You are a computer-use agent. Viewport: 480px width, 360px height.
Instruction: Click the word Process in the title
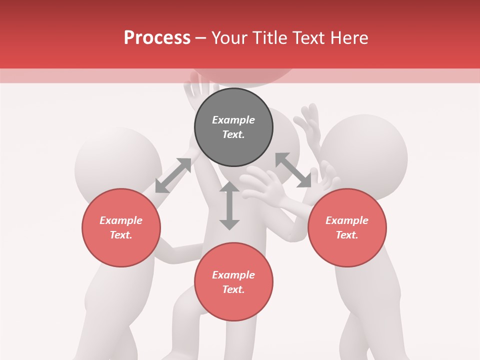[x=157, y=38]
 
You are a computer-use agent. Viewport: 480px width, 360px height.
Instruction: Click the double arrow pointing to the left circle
[x=173, y=175]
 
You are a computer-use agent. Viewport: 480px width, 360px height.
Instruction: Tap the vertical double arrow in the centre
[x=229, y=205]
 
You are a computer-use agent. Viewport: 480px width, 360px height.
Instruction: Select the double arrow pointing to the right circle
[x=293, y=170]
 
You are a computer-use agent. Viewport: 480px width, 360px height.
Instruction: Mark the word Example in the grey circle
[x=233, y=120]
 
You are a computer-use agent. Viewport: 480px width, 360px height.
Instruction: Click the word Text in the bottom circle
[x=233, y=289]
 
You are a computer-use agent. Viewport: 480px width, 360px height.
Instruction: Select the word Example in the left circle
[x=121, y=220]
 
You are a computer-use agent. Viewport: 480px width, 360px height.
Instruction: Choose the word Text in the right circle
[x=347, y=235]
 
